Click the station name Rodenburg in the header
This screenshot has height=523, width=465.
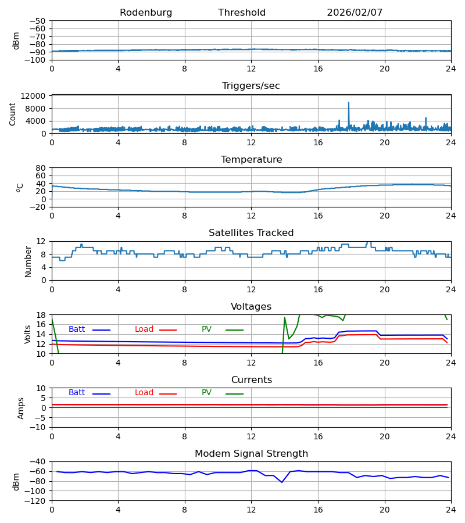(146, 13)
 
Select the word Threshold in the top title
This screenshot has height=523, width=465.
(242, 13)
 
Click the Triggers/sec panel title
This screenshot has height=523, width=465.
(251, 86)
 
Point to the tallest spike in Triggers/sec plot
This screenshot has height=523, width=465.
(349, 103)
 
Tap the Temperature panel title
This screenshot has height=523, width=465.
(251, 160)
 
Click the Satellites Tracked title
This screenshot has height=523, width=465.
(251, 233)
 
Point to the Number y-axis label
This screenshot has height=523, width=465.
(28, 261)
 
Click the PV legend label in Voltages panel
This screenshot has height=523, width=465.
(206, 329)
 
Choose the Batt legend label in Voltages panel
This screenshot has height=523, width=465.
(77, 329)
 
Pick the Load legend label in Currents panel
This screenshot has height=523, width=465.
(144, 393)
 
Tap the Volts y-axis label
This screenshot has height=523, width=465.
(28, 334)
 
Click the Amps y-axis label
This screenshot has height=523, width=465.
(22, 408)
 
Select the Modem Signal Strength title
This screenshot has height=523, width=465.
(251, 454)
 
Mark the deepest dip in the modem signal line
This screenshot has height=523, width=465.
(282, 482)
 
